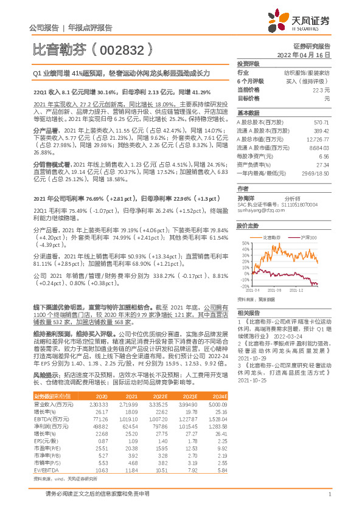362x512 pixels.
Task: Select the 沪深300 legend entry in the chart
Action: (308, 237)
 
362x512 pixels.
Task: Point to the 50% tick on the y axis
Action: (245, 243)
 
